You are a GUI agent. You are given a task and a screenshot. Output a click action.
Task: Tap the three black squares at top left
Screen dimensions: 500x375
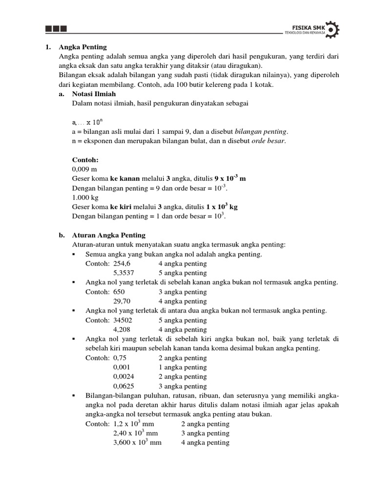(56, 29)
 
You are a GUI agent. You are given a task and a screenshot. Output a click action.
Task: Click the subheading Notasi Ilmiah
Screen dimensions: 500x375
(91, 94)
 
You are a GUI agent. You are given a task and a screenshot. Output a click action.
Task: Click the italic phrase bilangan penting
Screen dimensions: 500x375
(261, 132)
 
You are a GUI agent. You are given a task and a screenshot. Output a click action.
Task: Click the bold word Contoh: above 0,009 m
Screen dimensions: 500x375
(85, 160)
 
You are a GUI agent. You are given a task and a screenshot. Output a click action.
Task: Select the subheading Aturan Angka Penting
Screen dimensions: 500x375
(108, 235)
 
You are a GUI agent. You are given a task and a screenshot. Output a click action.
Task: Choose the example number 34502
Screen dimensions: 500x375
(123, 320)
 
